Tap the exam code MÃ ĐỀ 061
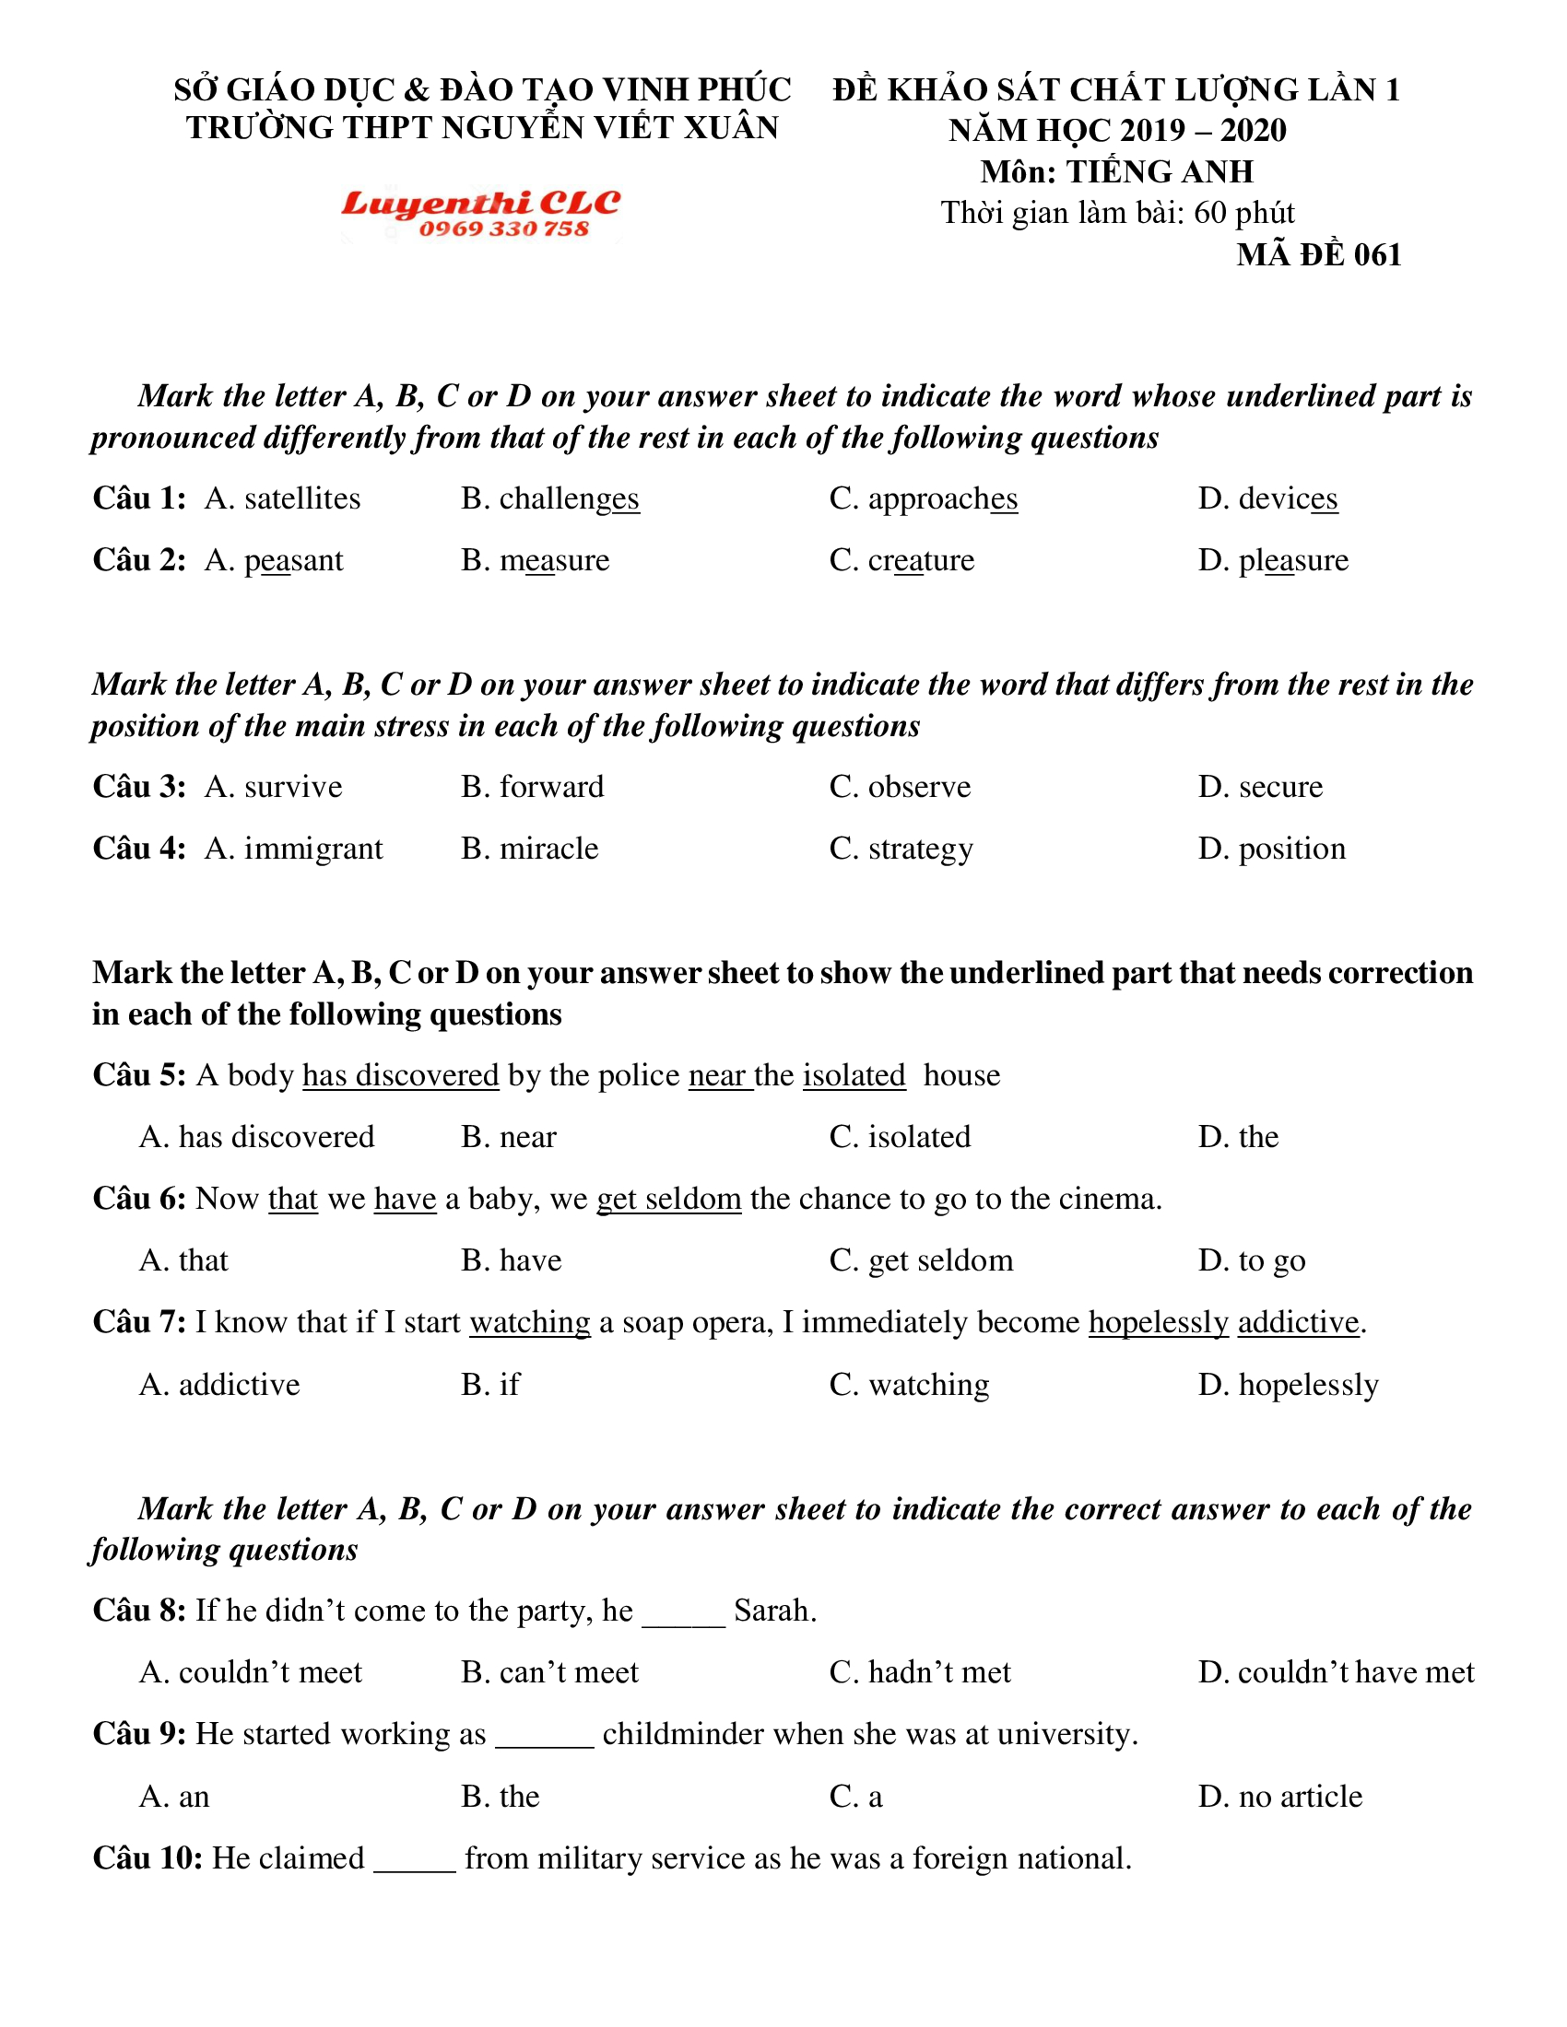pyautogui.click(x=1318, y=255)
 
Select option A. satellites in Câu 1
pyautogui.click(x=282, y=499)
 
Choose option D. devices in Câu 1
pyautogui.click(x=1267, y=499)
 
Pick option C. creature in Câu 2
pyautogui.click(x=901, y=560)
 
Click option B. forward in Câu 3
pyautogui.click(x=532, y=787)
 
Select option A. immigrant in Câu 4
pyautogui.click(x=293, y=849)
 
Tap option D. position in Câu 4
pyautogui.click(x=1272, y=849)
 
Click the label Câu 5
pyautogui.click(x=139, y=1074)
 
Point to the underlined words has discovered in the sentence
pyautogui.click(x=401, y=1074)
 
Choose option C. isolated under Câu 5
pyautogui.click(x=900, y=1137)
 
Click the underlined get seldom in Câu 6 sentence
pyautogui.click(x=668, y=1199)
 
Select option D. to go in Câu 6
pyautogui.click(x=1252, y=1260)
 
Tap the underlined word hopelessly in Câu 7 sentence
pyautogui.click(x=1159, y=1322)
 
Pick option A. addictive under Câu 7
pyautogui.click(x=219, y=1385)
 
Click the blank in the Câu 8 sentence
pyautogui.click(x=683, y=1611)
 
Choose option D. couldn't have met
pyautogui.click(x=1335, y=1672)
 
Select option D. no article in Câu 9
pyautogui.click(x=1280, y=1797)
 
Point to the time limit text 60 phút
pyautogui.click(x=1244, y=214)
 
